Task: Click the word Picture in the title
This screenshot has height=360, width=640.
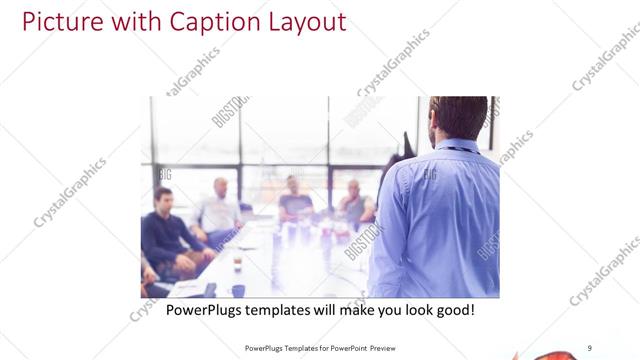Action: click(61, 21)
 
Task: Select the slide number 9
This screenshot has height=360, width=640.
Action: click(590, 347)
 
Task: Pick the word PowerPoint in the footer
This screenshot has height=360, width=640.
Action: click(340, 348)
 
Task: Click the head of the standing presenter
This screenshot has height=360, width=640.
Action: click(458, 117)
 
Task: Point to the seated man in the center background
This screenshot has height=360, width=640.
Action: click(293, 200)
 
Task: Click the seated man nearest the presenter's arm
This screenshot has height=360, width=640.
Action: click(354, 206)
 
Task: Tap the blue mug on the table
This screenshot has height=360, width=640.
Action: click(238, 290)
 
